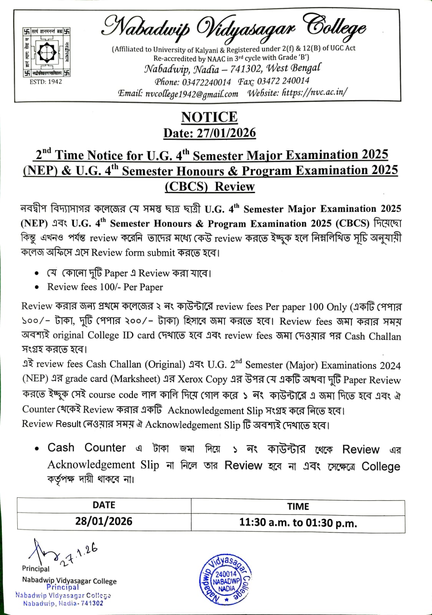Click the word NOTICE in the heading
pyautogui.click(x=209, y=117)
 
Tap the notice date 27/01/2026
pyautogui.click(x=227, y=133)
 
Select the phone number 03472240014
pyautogui.click(x=206, y=82)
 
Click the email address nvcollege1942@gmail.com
pyautogui.click(x=192, y=94)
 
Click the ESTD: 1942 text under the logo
pyautogui.click(x=46, y=81)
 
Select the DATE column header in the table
pyautogui.click(x=104, y=505)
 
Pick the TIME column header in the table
pyautogui.click(x=298, y=506)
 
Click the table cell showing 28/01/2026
pyautogui.click(x=104, y=522)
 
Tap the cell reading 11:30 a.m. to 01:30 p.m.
pyautogui.click(x=298, y=523)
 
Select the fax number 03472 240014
pyautogui.click(x=283, y=81)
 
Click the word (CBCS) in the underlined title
pyautogui.click(x=186, y=186)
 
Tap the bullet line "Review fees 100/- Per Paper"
pyautogui.click(x=105, y=287)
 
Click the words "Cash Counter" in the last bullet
pyautogui.click(x=86, y=448)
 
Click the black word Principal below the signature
pyautogui.click(x=36, y=568)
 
